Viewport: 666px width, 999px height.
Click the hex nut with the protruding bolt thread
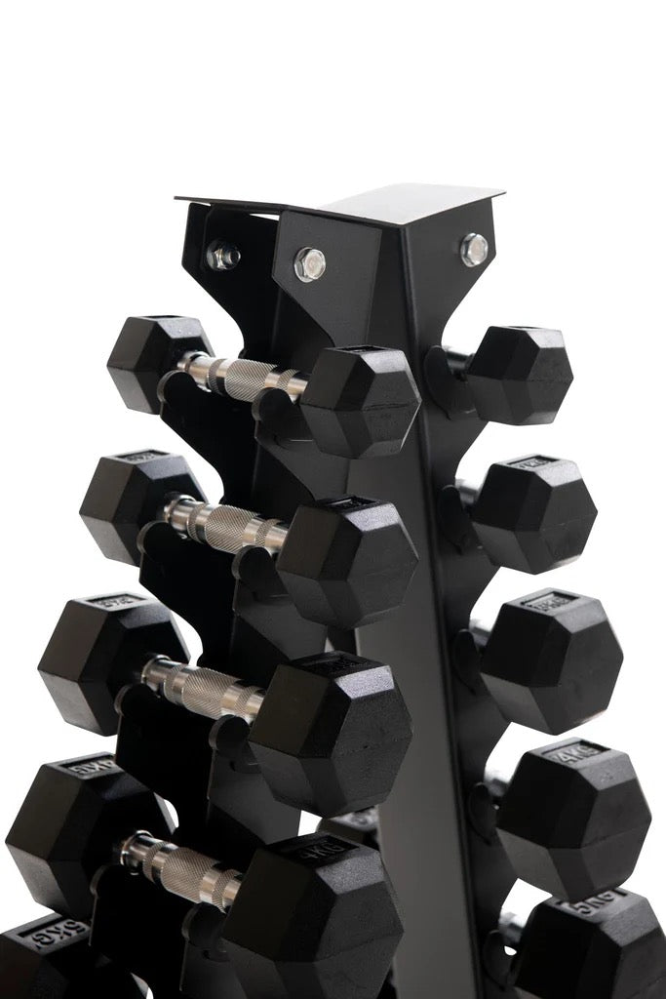tap(222, 256)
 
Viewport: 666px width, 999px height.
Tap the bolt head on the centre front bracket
tap(309, 263)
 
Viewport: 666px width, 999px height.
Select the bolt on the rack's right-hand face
tap(474, 249)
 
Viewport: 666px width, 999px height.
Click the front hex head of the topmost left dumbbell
tap(362, 401)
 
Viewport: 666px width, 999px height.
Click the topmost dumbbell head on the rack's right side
tap(518, 375)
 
